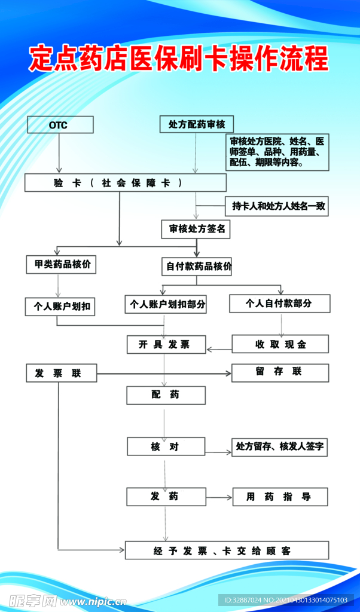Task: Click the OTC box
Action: coord(60,125)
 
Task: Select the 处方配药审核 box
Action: coord(197,124)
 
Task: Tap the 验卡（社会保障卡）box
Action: coord(126,183)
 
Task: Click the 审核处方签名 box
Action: coord(197,229)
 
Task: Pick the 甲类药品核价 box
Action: coord(62,264)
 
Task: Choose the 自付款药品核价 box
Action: coord(197,267)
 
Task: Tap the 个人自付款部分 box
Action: coord(279,303)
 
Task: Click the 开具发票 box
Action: coord(166,345)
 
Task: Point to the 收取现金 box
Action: coord(280,344)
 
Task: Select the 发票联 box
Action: coord(62,374)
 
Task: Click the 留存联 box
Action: coord(280,372)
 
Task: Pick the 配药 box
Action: coord(166,395)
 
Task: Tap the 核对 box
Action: coord(166,446)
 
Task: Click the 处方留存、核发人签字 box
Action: coord(279,447)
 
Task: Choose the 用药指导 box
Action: coord(279,497)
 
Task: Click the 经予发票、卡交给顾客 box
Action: coord(227,550)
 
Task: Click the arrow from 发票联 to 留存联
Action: coord(164,374)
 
